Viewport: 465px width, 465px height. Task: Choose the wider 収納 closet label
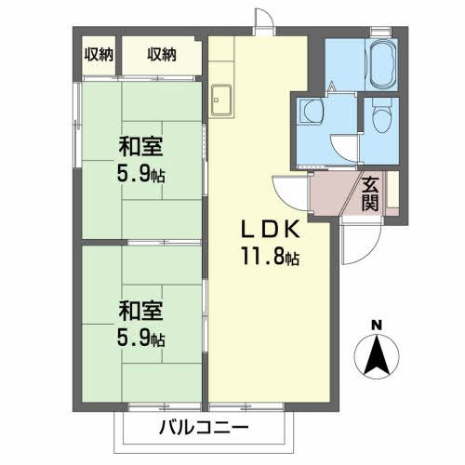pos(161,54)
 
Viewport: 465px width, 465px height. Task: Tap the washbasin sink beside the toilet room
pos(310,113)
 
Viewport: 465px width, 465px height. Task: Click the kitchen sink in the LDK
pos(223,100)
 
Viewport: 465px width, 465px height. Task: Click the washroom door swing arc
pos(344,149)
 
